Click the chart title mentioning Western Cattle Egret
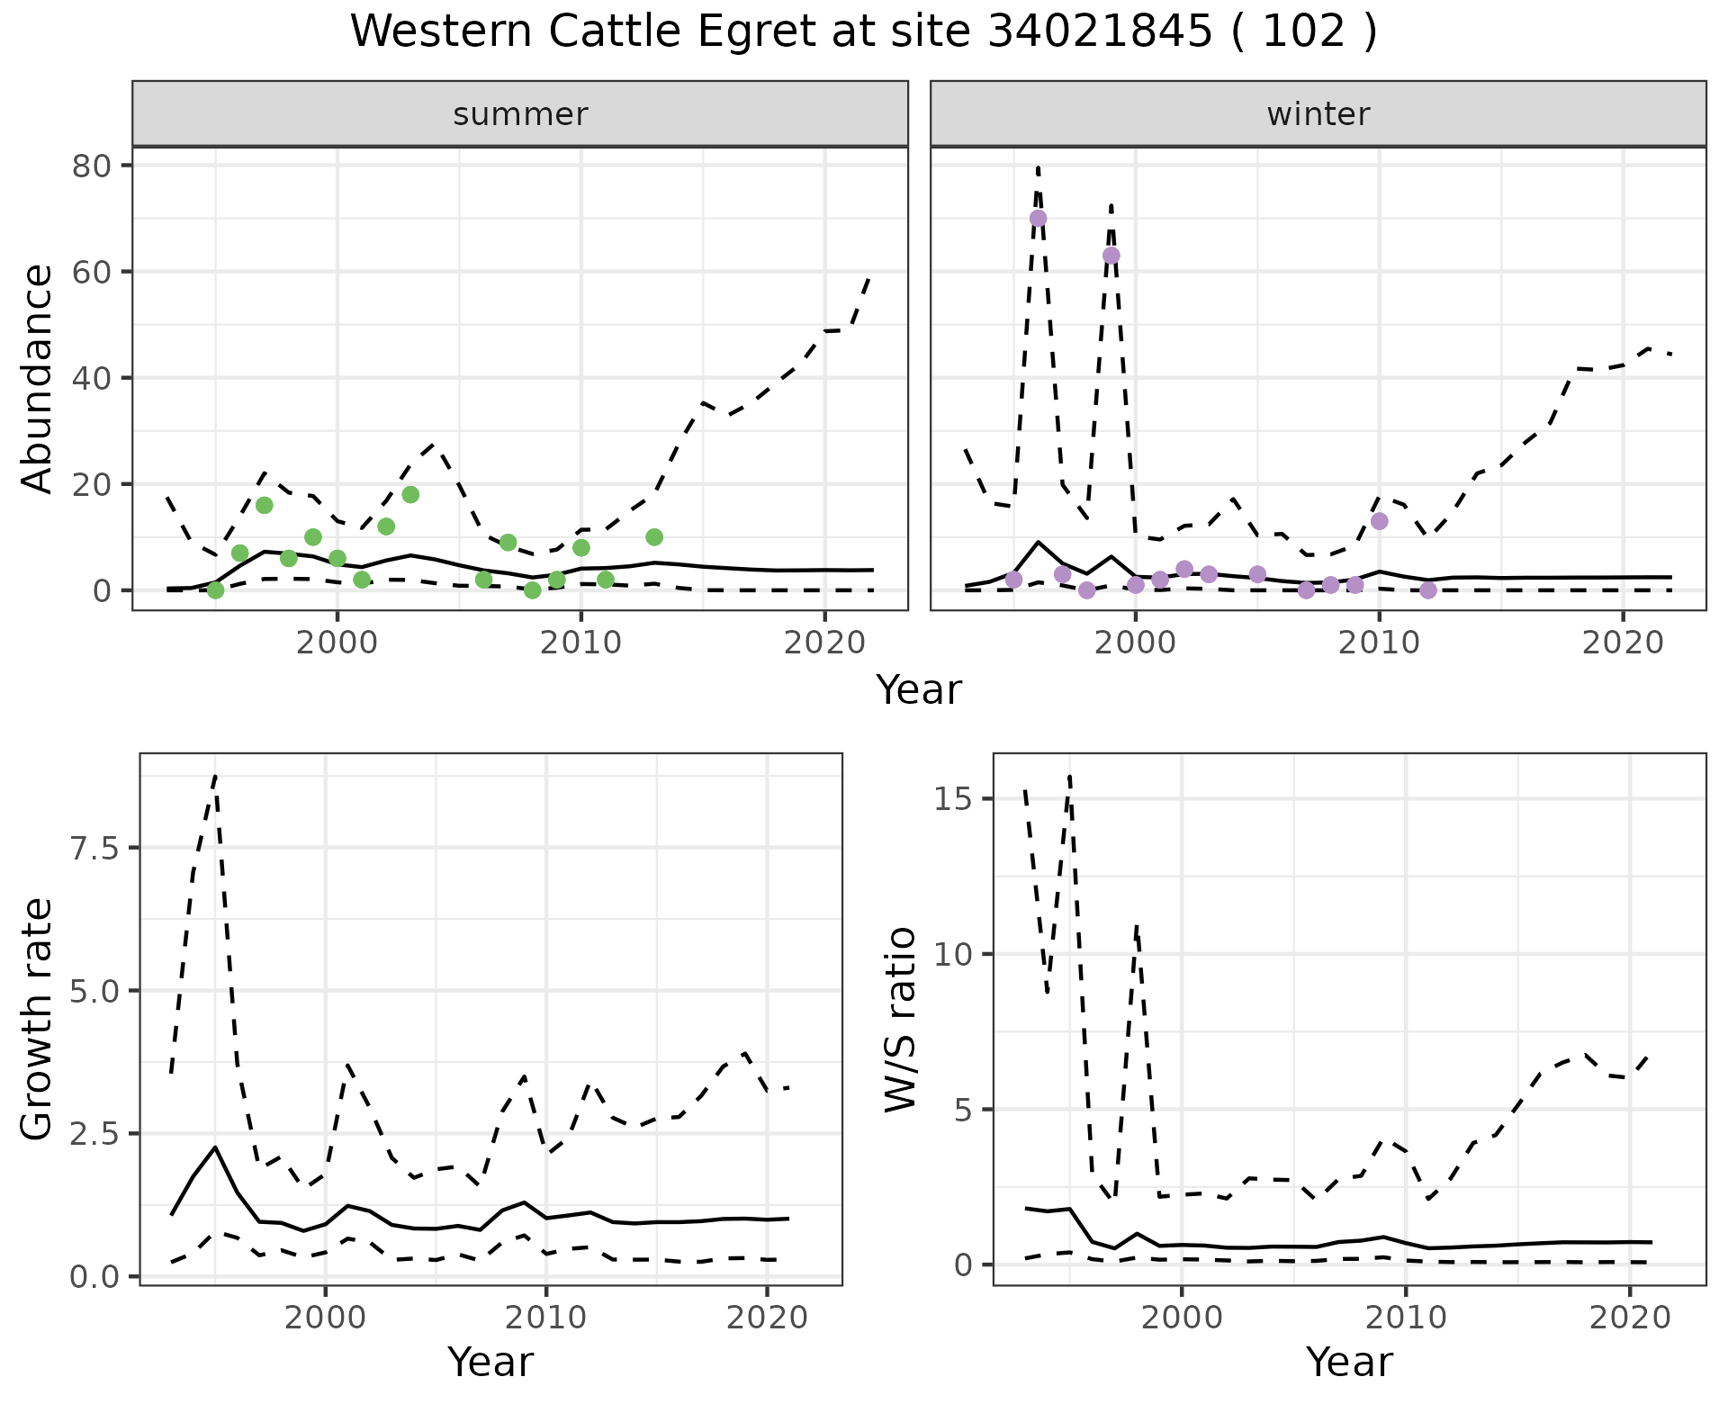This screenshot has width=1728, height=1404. pos(863,32)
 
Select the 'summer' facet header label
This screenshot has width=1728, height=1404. pos(520,114)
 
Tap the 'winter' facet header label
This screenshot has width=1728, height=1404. pos(1318,114)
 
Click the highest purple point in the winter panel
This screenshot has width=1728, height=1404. pos(1038,218)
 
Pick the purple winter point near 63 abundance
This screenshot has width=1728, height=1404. pos(1111,256)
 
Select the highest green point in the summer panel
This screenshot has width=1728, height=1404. pos(410,494)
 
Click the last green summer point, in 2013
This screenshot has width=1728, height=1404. pos(654,537)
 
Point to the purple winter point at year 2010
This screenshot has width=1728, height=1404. pos(1380,521)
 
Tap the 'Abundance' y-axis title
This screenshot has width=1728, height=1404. pos(38,378)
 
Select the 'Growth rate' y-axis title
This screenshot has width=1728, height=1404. pos(38,1019)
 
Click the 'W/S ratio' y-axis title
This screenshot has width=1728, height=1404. pos(900,1019)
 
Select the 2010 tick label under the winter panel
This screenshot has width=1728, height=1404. pos(1379,643)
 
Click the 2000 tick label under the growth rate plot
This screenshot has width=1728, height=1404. pos(325,1318)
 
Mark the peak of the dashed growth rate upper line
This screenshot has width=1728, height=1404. pos(215,775)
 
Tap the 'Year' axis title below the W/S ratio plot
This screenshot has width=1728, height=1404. pos(1349,1362)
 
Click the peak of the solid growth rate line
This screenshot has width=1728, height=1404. pos(215,1147)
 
